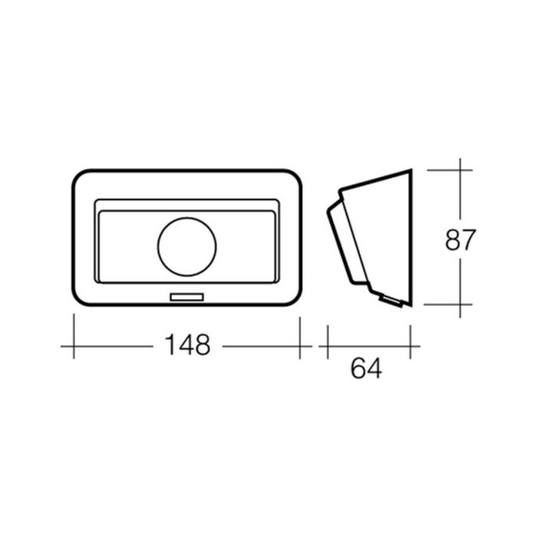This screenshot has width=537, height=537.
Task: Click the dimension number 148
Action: pyautogui.click(x=187, y=345)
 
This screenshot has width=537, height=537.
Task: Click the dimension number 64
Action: pyautogui.click(x=366, y=368)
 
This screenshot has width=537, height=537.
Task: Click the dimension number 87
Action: pyautogui.click(x=460, y=239)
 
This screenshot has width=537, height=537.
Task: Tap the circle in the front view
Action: pyautogui.click(x=187, y=246)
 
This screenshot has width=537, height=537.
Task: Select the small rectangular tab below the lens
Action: pyautogui.click(x=187, y=297)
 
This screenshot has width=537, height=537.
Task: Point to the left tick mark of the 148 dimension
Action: pyautogui.click(x=74, y=336)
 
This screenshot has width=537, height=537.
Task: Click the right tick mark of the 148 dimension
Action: pyautogui.click(x=300, y=338)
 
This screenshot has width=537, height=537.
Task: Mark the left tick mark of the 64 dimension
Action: pyautogui.click(x=328, y=342)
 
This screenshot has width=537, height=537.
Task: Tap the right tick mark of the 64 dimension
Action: pyautogui.click(x=410, y=342)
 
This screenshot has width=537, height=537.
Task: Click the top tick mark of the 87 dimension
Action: pyautogui.click(x=450, y=170)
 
